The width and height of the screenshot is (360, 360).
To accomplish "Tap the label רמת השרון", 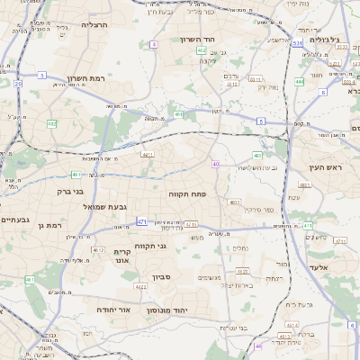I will (x=86, y=80).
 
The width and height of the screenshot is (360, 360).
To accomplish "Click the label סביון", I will (x=162, y=277).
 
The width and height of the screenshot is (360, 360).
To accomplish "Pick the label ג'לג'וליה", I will (x=327, y=40).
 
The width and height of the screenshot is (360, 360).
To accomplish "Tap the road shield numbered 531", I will (x=297, y=42).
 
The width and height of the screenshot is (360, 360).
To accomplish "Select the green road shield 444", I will (x=298, y=81).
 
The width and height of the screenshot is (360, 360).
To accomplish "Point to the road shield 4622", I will (x=141, y=286).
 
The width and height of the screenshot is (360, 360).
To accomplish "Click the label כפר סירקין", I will (x=263, y=210).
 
